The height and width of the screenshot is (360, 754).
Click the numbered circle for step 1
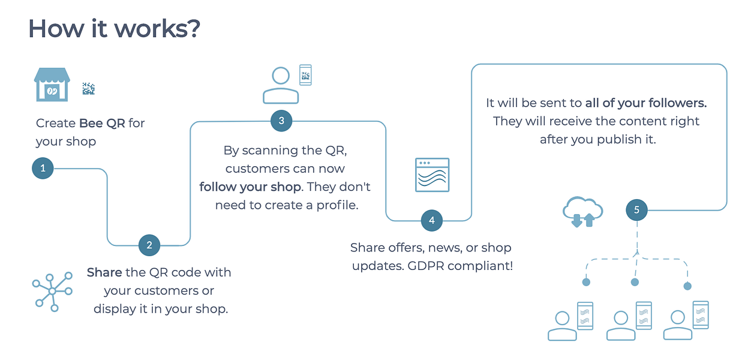43,168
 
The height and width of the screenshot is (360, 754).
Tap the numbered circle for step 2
149,245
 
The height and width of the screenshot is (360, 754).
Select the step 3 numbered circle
281,121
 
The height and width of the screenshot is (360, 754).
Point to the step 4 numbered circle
432,221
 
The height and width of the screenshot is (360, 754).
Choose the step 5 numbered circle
636,210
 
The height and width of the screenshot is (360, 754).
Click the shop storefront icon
52,85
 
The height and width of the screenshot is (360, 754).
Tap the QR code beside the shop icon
89,89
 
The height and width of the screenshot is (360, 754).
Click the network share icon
52,292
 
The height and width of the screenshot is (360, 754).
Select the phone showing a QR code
305,75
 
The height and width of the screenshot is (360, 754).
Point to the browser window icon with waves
432,175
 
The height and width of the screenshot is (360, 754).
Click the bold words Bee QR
102,123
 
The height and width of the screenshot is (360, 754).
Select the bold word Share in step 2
104,272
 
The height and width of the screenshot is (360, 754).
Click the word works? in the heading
158,29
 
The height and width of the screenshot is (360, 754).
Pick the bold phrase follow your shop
251,187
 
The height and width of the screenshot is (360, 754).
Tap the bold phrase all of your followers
646,103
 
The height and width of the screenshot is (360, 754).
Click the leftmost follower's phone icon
585,316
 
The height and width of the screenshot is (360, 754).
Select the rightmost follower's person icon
678,325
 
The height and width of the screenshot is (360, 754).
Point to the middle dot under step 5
635,282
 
